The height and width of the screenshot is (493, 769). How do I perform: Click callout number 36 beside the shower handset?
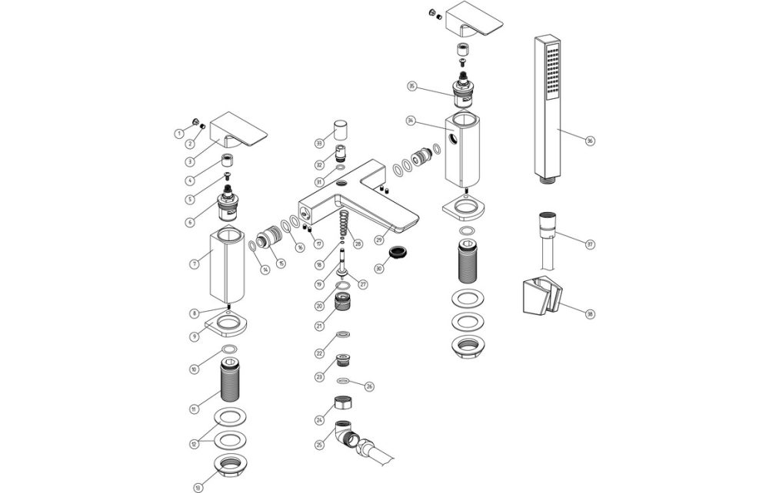coord(590,141)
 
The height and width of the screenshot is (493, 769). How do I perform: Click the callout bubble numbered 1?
coord(179,133)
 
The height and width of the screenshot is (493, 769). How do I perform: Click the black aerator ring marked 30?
coord(398,253)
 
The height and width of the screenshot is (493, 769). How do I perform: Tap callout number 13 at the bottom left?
coord(199,486)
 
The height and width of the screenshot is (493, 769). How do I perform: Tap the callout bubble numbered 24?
coord(319,420)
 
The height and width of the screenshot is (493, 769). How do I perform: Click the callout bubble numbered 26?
coord(369,385)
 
